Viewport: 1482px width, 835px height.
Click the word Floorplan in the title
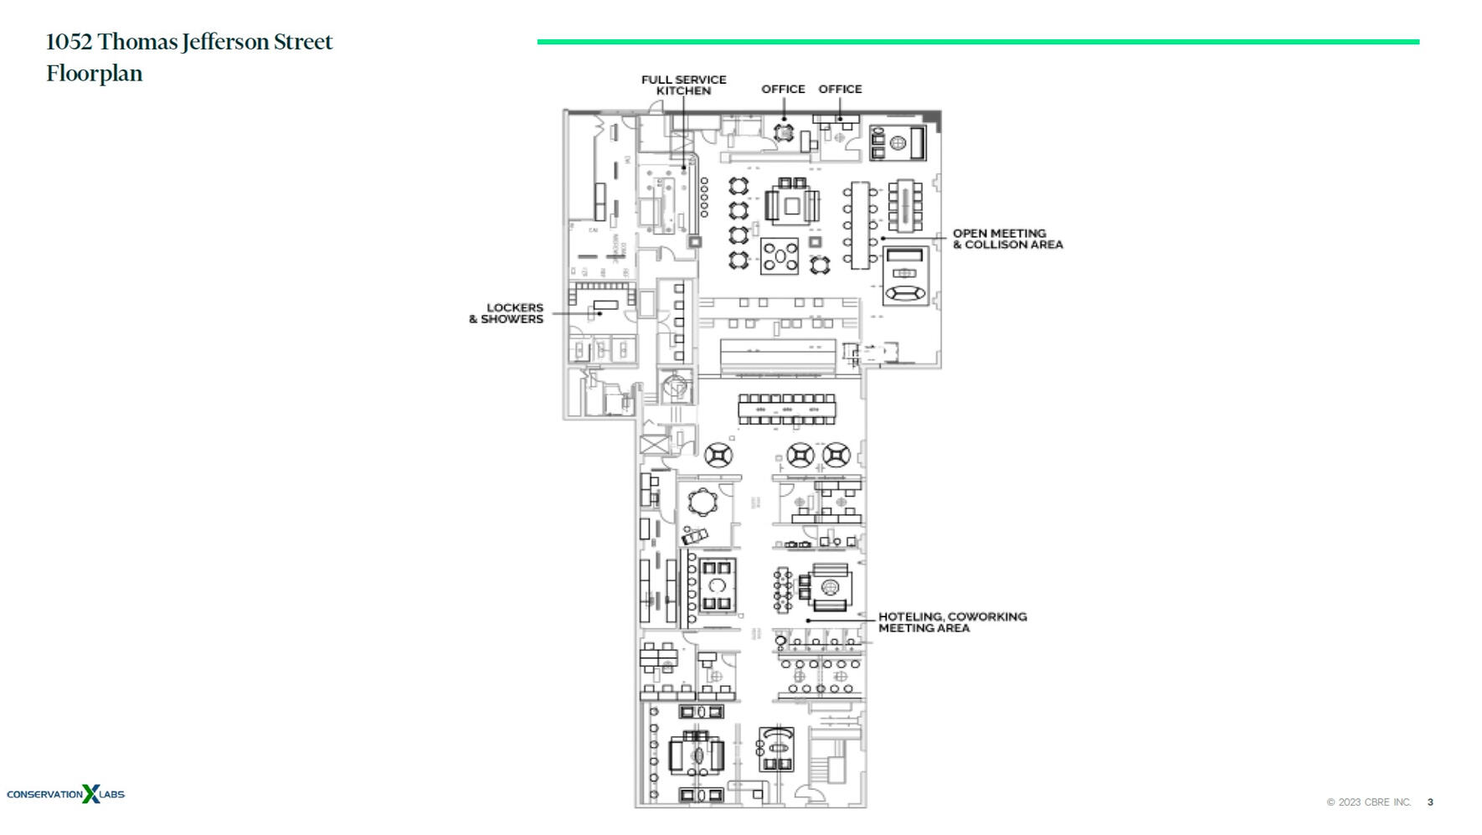pyautogui.click(x=95, y=74)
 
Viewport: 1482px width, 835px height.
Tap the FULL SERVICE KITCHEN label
pyautogui.click(x=683, y=85)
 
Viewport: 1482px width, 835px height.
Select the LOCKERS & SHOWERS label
pyautogui.click(x=507, y=313)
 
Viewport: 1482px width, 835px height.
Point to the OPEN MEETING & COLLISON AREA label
pyautogui.click(x=1007, y=240)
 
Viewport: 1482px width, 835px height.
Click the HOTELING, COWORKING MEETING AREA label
pyautogui.click(x=952, y=622)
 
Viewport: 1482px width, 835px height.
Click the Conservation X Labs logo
pyautogui.click(x=65, y=794)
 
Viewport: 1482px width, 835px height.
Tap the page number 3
pyautogui.click(x=1430, y=802)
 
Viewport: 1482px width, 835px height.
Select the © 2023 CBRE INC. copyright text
pyautogui.click(x=1368, y=802)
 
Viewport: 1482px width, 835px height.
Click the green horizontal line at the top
pyautogui.click(x=977, y=41)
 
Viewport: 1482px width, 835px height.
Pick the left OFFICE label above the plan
pyautogui.click(x=783, y=89)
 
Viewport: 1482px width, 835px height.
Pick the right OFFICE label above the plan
pyautogui.click(x=840, y=89)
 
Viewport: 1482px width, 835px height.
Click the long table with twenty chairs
pyautogui.click(x=786, y=410)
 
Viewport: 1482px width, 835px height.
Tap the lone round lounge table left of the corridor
pyautogui.click(x=718, y=456)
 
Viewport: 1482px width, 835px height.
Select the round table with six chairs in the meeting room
pyautogui.click(x=702, y=503)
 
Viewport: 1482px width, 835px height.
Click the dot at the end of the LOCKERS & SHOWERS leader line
pyautogui.click(x=599, y=314)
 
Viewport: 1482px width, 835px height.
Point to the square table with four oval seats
pyautogui.click(x=780, y=257)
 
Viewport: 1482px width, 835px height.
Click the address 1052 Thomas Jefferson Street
pyautogui.click(x=189, y=42)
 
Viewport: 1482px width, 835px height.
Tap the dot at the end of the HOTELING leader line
pyautogui.click(x=807, y=621)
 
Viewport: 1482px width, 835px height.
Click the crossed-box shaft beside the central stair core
pyautogui.click(x=655, y=444)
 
